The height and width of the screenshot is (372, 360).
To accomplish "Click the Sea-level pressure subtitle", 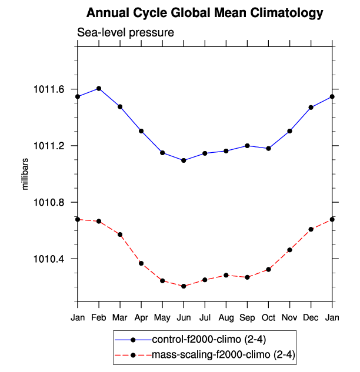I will [x=125, y=32].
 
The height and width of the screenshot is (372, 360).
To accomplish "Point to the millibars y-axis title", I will [x=25, y=174].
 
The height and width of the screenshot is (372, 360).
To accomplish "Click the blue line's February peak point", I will [x=99, y=88].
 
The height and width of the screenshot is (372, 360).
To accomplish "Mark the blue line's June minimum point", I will [x=184, y=160].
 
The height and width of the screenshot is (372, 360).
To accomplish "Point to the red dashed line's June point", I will [x=184, y=286].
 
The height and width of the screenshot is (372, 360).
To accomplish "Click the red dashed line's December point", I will [x=311, y=229].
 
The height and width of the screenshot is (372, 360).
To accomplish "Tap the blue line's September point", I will [x=248, y=145].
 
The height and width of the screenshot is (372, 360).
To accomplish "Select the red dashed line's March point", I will [x=120, y=234].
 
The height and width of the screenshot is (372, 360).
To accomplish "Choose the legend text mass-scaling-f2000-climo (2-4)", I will [x=223, y=355].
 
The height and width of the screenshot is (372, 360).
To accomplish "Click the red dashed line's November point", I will [x=290, y=250].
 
